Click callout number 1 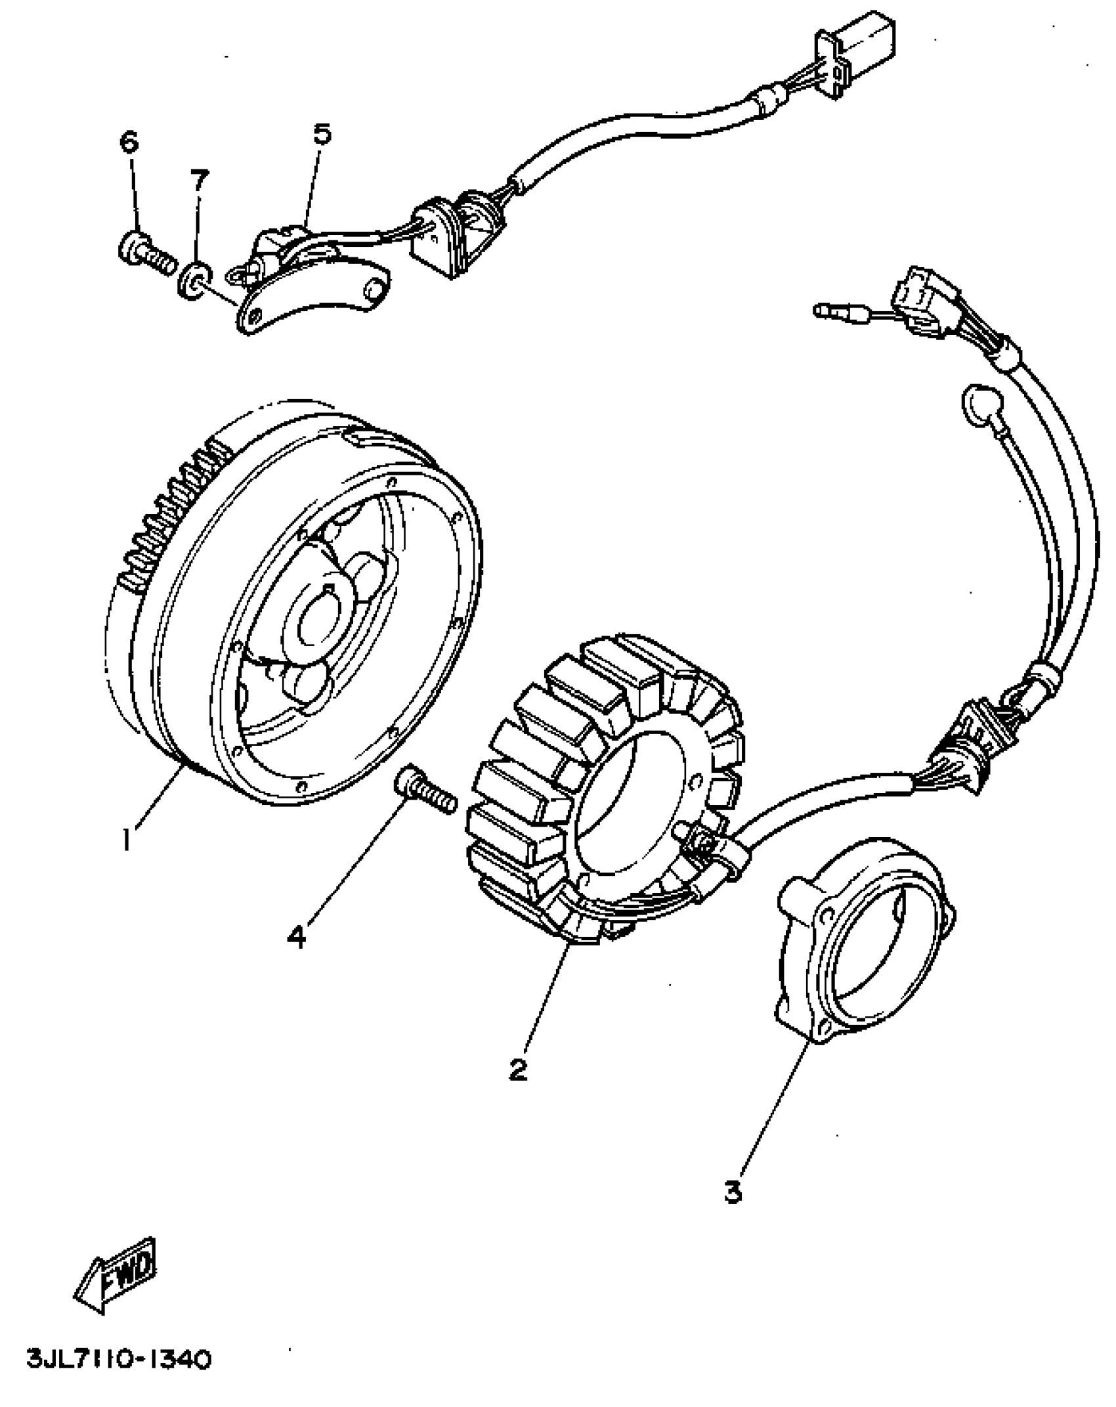(127, 840)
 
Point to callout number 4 (297, 936)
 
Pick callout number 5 (322, 134)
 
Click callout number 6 (129, 141)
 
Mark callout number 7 (199, 179)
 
